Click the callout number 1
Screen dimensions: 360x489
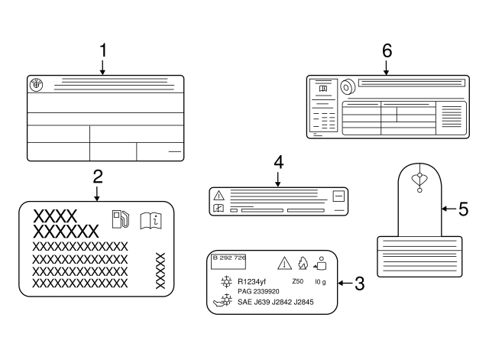[x=102, y=51]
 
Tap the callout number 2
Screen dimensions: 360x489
[x=97, y=177]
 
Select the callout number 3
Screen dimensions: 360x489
[x=359, y=283]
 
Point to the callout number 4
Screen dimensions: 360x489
[x=278, y=162]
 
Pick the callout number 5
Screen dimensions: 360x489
[x=463, y=208]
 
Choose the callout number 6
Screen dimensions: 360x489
[x=387, y=50]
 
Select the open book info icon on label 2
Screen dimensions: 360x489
[x=151, y=220]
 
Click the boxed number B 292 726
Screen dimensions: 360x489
[x=229, y=258]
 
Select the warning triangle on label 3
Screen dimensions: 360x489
[x=284, y=264]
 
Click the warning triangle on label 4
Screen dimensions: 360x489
[x=219, y=195]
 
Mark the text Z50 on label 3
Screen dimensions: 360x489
[x=297, y=281]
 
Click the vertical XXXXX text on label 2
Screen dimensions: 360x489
[x=160, y=270]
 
